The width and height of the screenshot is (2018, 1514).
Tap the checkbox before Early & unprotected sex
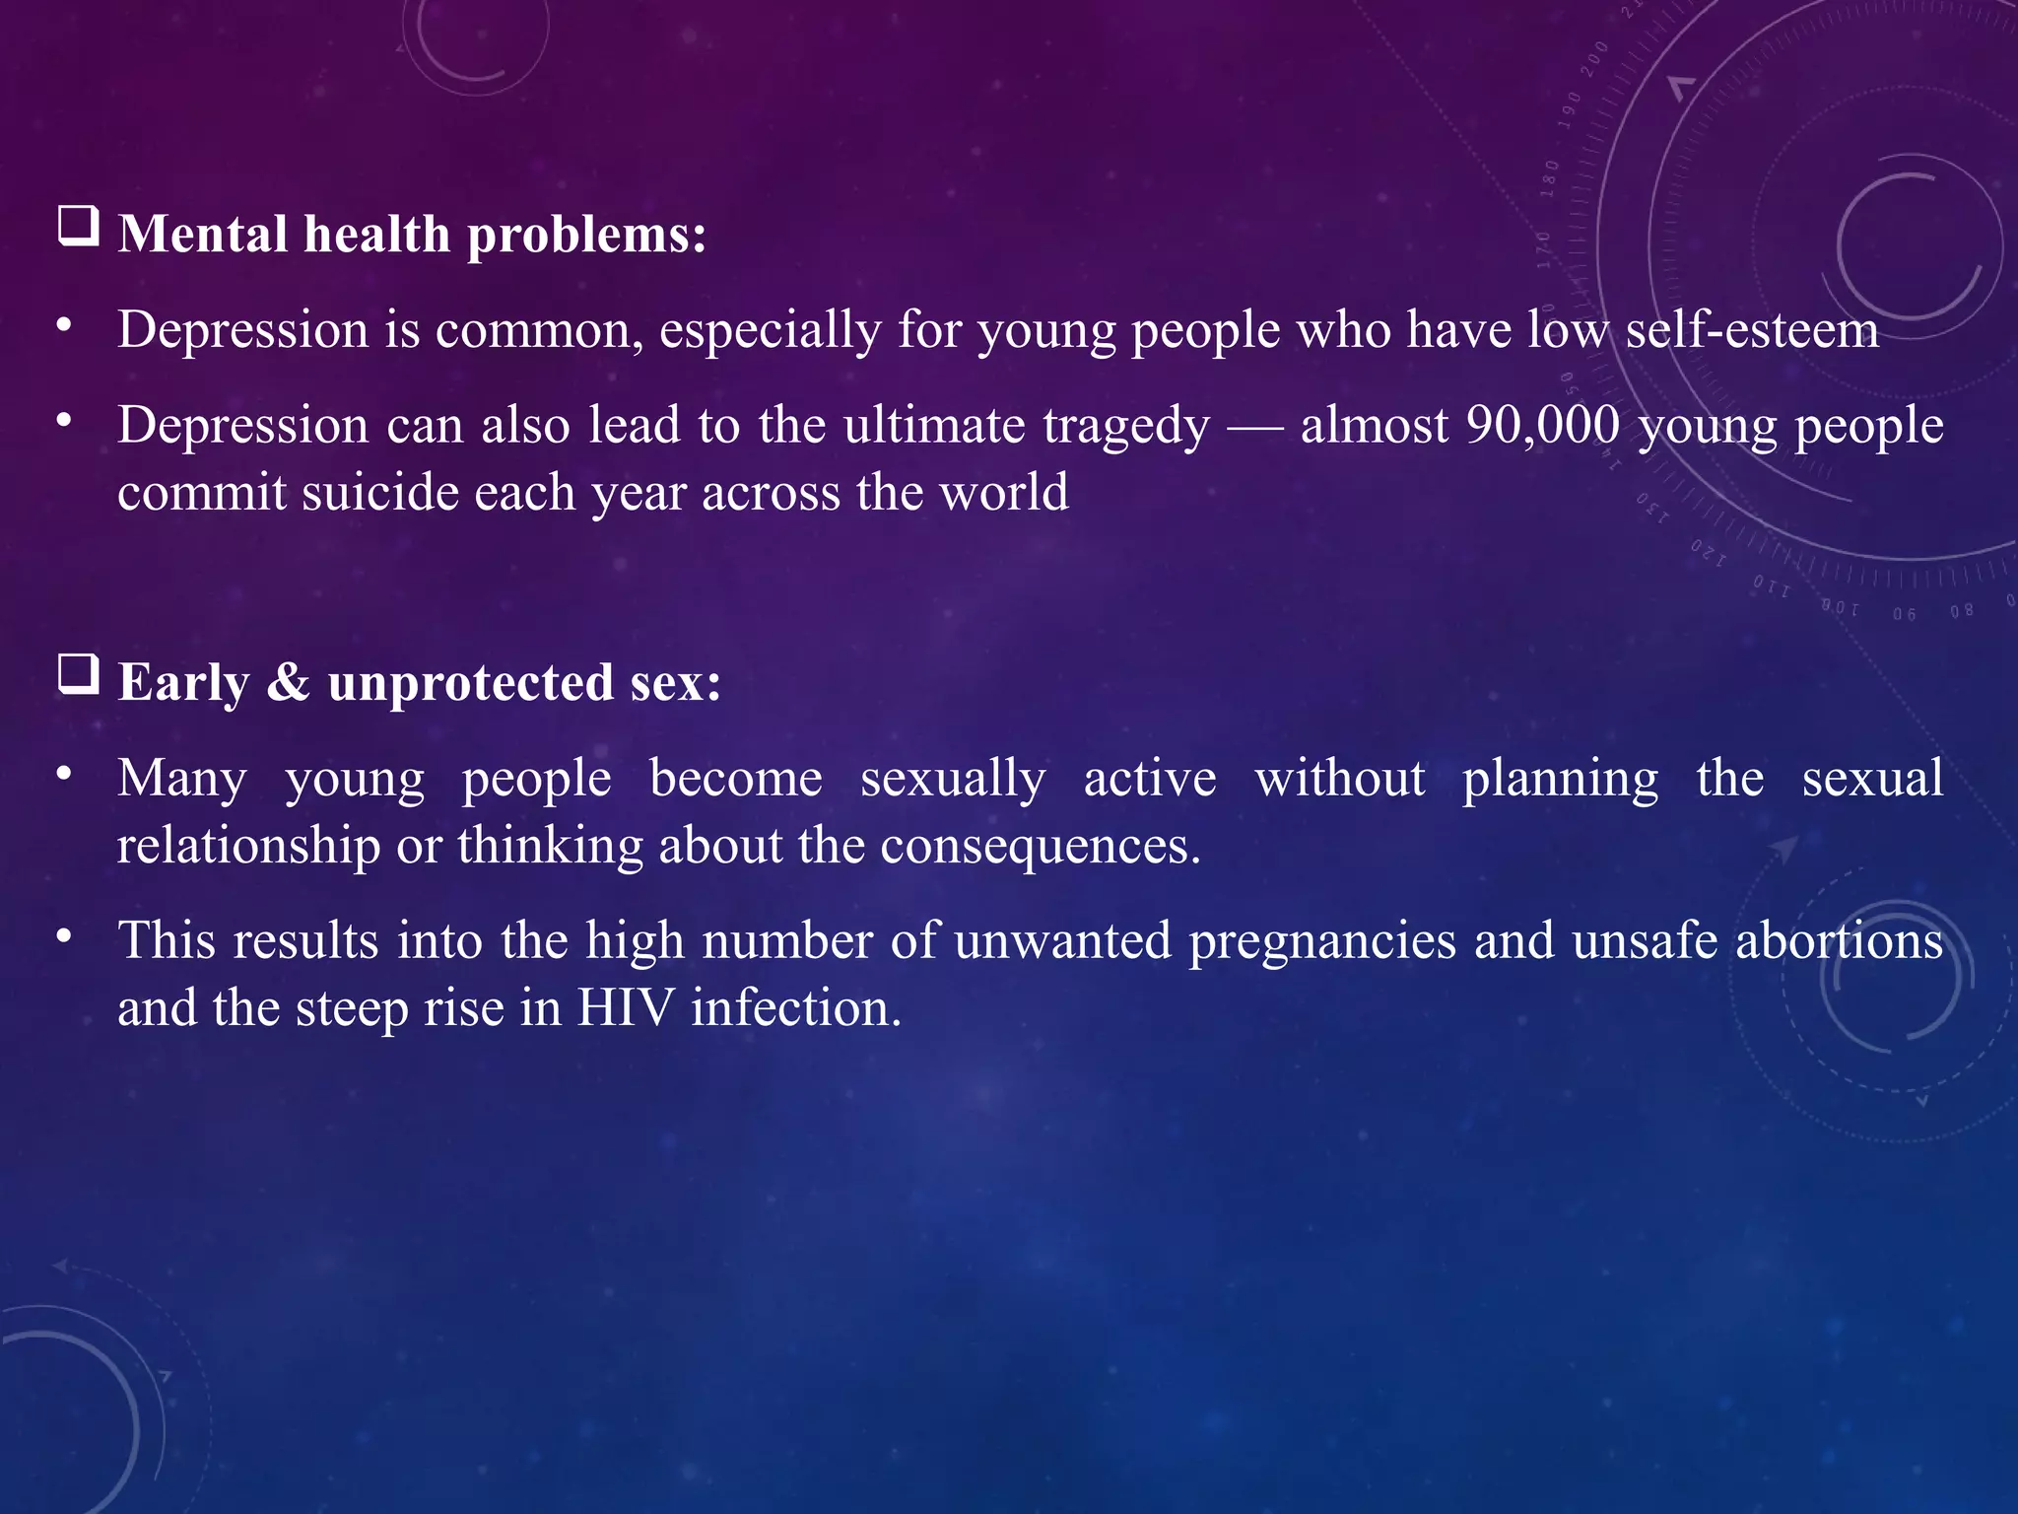pos(79,675)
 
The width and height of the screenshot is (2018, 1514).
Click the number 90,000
pos(1543,426)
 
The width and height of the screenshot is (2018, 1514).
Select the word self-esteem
pos(1752,330)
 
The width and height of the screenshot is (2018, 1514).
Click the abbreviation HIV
pos(626,1008)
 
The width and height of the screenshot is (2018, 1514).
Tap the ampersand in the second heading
pos(288,682)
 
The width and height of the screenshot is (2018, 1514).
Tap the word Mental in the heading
pos(203,235)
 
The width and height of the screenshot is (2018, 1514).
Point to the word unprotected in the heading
pos(471,683)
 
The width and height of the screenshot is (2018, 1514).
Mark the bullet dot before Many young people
pos(64,774)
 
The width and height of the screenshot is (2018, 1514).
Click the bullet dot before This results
pos(64,936)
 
